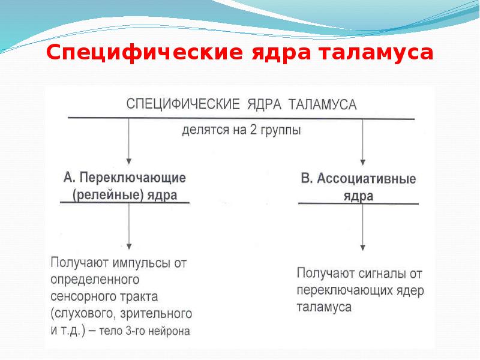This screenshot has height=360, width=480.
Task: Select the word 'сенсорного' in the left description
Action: (x=80, y=297)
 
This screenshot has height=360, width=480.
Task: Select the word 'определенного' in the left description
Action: (x=95, y=280)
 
